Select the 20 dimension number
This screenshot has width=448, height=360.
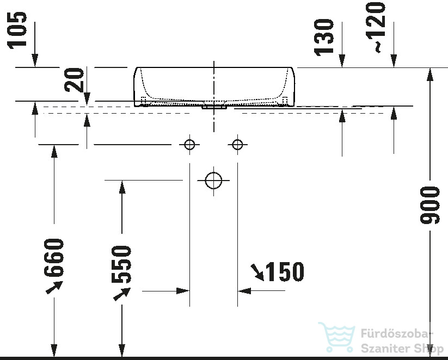click(x=74, y=80)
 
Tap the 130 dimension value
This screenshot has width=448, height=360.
click(x=324, y=37)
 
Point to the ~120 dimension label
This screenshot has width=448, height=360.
click(x=376, y=27)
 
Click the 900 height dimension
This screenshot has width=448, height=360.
click(x=429, y=205)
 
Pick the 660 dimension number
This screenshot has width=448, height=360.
click(x=54, y=258)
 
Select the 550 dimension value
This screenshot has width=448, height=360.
click(x=121, y=264)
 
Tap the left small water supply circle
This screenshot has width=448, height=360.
click(x=189, y=145)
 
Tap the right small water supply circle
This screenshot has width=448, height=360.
click(x=237, y=145)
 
